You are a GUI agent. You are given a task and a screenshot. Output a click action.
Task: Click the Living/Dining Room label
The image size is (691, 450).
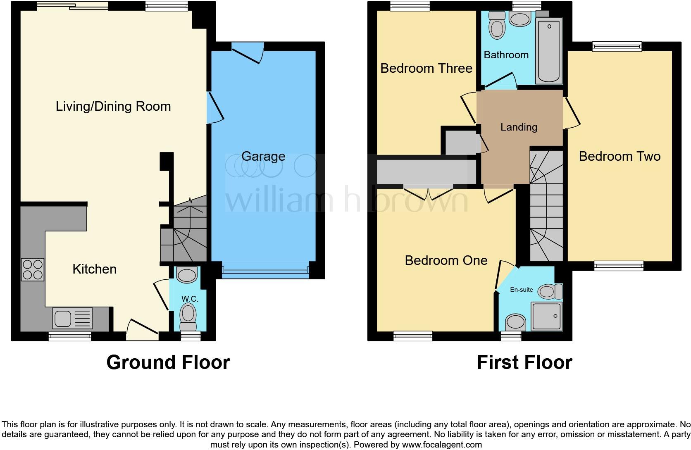click(113, 107)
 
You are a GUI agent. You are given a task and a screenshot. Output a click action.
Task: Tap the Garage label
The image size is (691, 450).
click(263, 157)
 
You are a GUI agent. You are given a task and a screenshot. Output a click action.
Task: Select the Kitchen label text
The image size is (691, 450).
click(94, 269)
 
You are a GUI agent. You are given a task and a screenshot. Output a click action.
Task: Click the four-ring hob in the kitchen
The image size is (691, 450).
click(32, 269)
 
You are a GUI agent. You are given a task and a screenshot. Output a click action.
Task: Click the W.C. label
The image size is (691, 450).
click(190, 299)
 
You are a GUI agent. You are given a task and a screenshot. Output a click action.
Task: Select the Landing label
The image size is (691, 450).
click(519, 127)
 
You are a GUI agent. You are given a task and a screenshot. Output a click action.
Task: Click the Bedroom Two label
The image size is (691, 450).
click(620, 157)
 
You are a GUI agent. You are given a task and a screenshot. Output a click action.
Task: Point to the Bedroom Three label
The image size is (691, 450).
click(426, 68)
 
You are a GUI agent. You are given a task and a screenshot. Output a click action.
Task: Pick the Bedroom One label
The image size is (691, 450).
click(446, 260)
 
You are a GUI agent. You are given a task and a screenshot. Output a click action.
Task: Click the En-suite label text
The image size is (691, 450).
click(522, 290)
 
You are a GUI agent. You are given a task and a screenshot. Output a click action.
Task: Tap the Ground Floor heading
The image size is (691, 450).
click(168, 362)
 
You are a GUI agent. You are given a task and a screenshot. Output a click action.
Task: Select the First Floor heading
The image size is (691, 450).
click(524, 362)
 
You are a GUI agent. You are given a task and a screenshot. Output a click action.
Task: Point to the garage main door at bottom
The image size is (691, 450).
click(265, 271)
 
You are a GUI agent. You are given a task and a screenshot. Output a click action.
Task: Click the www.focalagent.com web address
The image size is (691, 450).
click(442, 445)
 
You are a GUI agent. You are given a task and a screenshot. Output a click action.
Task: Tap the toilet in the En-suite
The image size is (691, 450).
click(549, 292)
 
